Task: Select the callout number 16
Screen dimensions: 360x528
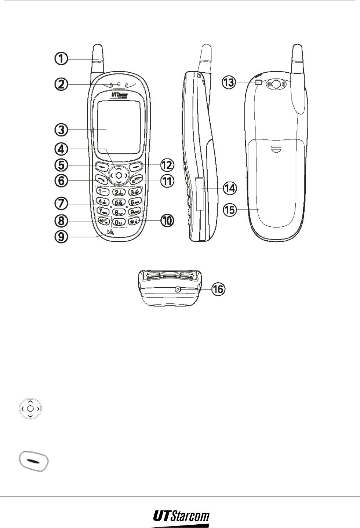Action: point(218,289)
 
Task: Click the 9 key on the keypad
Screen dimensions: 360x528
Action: point(135,211)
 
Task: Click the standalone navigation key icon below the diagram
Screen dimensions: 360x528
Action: point(31,408)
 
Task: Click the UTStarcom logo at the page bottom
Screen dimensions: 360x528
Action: point(181,517)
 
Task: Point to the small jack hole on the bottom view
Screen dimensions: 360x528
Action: point(178,289)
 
